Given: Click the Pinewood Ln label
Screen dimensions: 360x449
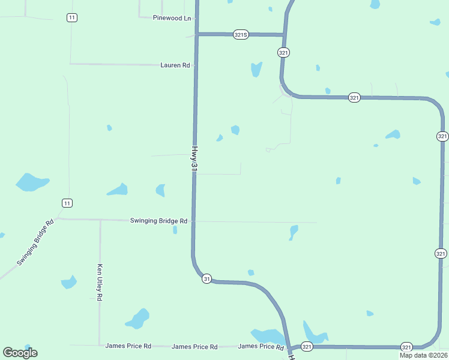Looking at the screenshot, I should point(172,18).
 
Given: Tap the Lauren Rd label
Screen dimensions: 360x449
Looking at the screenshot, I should point(175,65).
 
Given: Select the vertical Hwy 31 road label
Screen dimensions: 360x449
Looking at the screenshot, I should point(194,160).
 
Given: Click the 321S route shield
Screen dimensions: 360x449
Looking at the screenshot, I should point(241,35).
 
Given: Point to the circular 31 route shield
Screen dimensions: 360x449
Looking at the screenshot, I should point(206,279).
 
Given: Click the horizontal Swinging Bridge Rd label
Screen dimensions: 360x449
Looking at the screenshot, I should point(158,221).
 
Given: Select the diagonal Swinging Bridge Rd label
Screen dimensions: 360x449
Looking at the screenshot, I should point(35,242).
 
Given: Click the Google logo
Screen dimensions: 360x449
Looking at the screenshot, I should point(20,353).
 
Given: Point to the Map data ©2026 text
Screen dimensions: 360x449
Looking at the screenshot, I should point(423,355).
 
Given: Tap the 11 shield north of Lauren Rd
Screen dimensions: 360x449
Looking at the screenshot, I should point(72,17).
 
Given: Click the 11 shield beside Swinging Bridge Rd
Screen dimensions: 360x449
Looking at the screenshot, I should point(67,203).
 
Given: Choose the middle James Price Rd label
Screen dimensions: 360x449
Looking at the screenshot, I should point(194,347).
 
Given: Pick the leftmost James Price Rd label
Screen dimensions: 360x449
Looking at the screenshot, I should point(128,346).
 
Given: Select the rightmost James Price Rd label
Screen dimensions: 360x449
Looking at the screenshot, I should point(261,347).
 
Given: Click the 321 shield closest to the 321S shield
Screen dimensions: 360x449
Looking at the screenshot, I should point(284,53).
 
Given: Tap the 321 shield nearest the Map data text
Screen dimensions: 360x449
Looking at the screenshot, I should point(407,347).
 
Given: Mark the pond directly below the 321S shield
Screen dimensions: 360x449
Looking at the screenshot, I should point(256,69).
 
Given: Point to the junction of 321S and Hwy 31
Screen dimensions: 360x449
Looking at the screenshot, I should point(196,34).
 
